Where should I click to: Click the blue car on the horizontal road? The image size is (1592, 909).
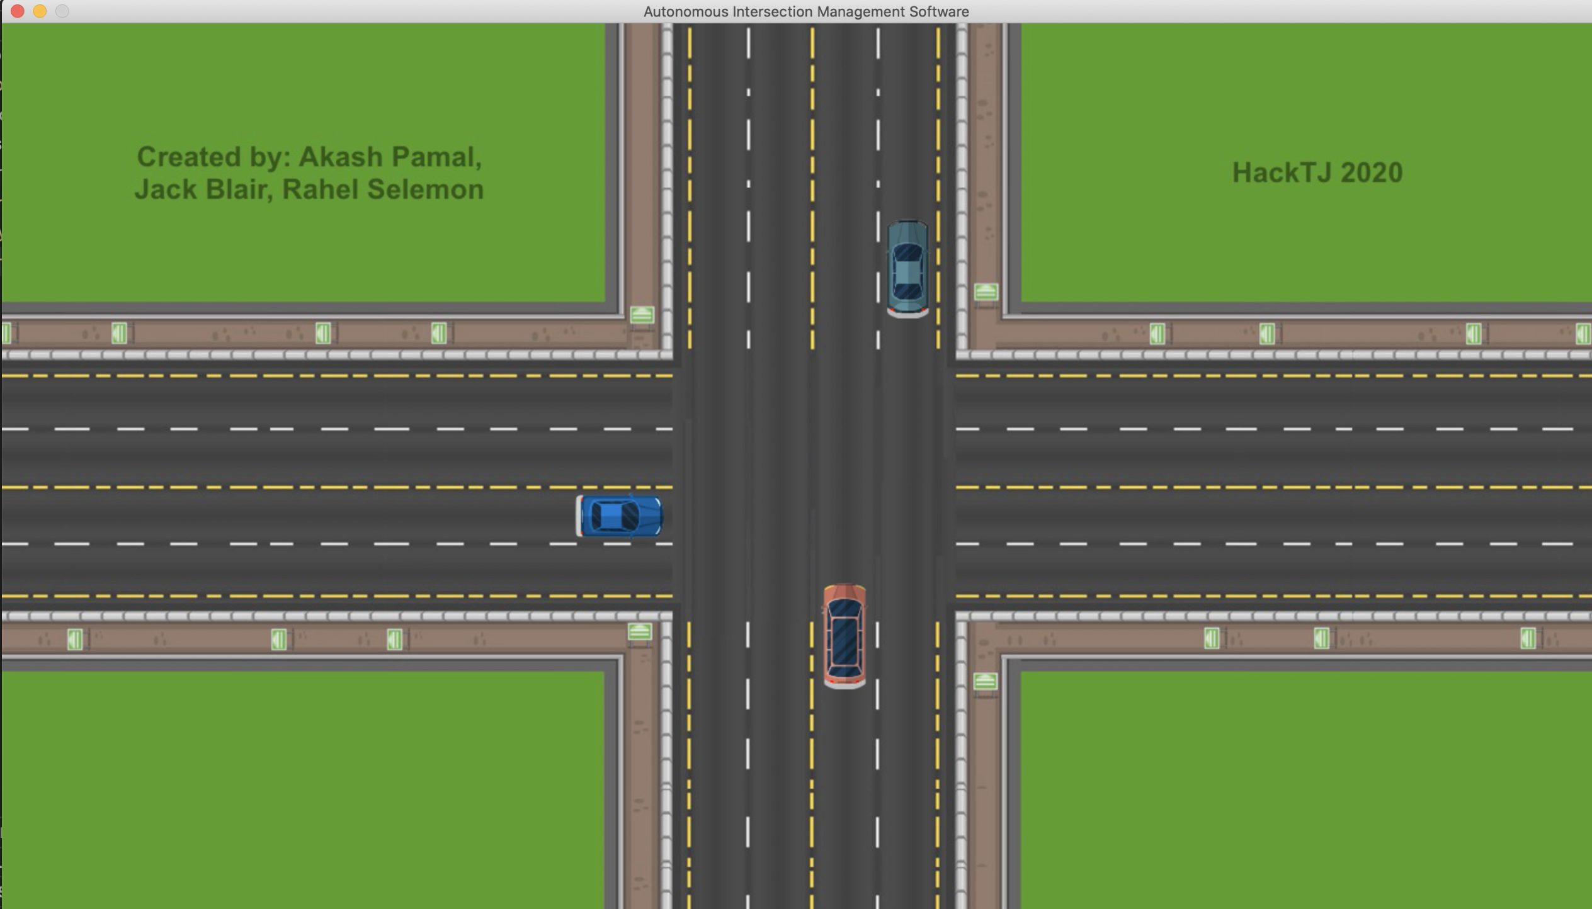(x=619, y=516)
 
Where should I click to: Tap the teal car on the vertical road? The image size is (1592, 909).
(x=907, y=269)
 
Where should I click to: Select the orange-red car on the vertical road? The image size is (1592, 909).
(x=844, y=636)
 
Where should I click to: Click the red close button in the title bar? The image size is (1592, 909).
(x=18, y=11)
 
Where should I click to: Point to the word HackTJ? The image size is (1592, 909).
(x=1282, y=172)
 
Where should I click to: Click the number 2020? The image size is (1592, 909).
(x=1372, y=172)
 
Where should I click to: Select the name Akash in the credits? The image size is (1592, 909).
(x=340, y=157)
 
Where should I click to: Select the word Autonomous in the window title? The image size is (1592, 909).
(x=685, y=11)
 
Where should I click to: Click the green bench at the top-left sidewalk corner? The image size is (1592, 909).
(x=642, y=315)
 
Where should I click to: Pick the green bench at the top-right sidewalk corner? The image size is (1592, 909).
(x=986, y=292)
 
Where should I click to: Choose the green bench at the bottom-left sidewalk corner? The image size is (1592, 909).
(x=639, y=631)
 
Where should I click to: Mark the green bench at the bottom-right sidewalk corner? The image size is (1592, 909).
(x=985, y=681)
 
